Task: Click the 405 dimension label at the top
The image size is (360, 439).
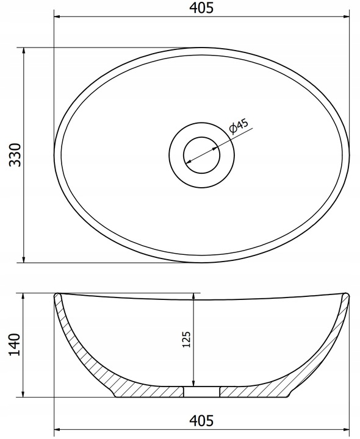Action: (x=201, y=8)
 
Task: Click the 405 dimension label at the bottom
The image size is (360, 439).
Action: (x=201, y=420)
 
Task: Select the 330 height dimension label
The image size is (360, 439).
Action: (x=15, y=155)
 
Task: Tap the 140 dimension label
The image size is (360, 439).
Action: (x=15, y=344)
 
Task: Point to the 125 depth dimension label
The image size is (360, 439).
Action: (x=186, y=340)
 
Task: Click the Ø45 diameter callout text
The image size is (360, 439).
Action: (x=239, y=126)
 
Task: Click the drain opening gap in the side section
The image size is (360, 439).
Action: (x=202, y=391)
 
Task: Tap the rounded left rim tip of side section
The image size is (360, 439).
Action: (x=57, y=295)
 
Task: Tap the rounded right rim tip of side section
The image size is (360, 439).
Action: (x=346, y=295)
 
